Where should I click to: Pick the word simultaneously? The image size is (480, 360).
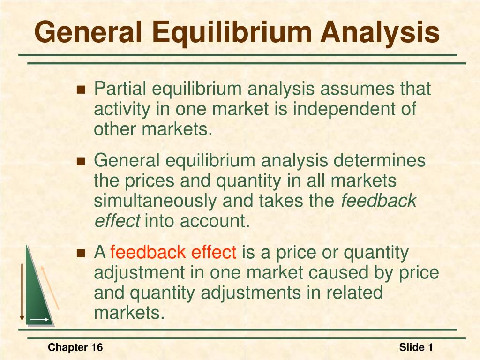[x=156, y=201]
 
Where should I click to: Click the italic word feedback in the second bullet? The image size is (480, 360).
[x=378, y=201]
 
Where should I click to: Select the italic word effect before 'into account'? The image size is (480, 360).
[x=117, y=221]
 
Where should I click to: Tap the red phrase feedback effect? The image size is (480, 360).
[x=173, y=253]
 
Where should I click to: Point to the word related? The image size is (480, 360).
[x=355, y=293]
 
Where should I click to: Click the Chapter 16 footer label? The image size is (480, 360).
[x=75, y=347]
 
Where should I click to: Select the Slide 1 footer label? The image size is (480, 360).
[x=416, y=347]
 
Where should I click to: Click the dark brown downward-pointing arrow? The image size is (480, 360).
[x=22, y=292]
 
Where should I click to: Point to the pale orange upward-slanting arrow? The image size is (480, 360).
[x=49, y=287]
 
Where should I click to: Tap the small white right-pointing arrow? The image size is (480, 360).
[x=40, y=320]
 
